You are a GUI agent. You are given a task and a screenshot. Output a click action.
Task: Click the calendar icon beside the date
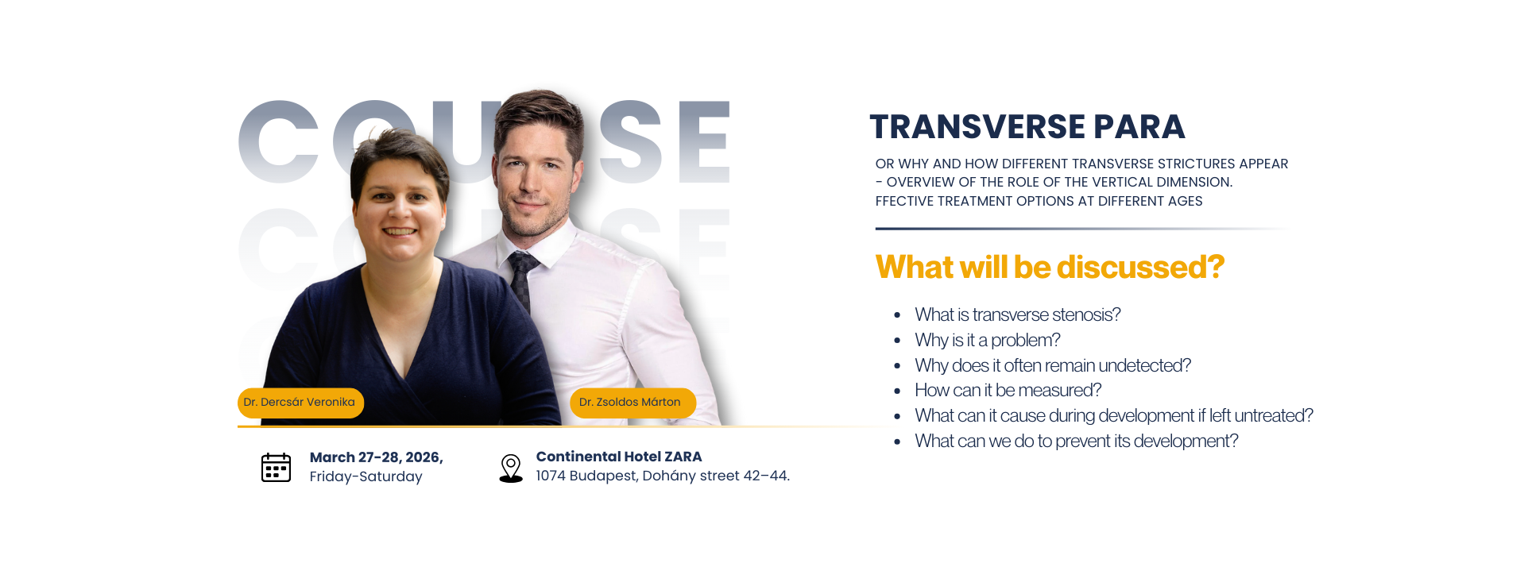click(x=276, y=467)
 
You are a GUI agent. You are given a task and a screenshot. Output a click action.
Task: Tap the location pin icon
click(x=511, y=469)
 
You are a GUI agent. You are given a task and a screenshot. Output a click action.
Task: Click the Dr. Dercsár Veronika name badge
click(x=300, y=403)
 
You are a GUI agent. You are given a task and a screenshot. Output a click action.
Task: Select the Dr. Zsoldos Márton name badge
click(x=633, y=403)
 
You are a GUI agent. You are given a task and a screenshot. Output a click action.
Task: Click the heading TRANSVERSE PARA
click(x=1027, y=127)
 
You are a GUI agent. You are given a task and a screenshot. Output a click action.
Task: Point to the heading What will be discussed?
click(x=1050, y=268)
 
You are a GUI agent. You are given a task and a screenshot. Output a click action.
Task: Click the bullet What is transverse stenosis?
click(x=1017, y=315)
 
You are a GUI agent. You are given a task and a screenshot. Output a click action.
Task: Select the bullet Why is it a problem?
click(x=987, y=341)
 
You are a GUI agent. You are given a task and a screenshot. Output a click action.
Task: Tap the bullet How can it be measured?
click(x=1008, y=391)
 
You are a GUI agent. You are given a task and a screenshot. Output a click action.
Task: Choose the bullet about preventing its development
click(x=1076, y=442)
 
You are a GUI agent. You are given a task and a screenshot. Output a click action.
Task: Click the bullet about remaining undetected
click(x=1053, y=366)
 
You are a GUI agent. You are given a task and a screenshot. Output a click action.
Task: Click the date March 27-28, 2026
click(x=376, y=457)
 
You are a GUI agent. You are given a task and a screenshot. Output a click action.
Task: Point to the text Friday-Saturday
click(x=366, y=476)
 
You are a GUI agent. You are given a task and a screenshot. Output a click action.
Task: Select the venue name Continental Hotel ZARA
click(x=619, y=457)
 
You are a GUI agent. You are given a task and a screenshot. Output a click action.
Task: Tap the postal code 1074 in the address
click(x=550, y=476)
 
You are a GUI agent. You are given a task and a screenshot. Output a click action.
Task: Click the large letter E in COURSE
click(x=703, y=142)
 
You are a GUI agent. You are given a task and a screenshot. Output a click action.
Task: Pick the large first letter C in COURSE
click(x=279, y=142)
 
